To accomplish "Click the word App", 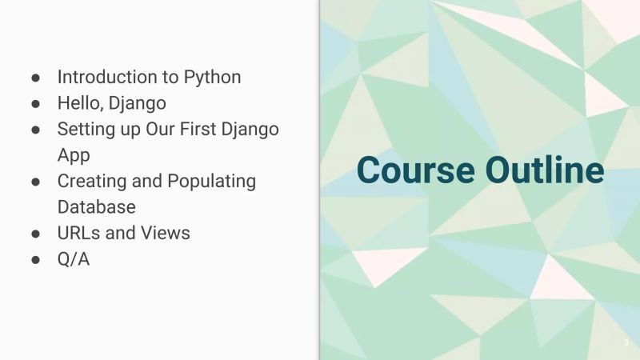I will pyautogui.click(x=74, y=154).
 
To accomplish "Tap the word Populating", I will pyautogui.click(x=211, y=181).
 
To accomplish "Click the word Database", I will pyautogui.click(x=96, y=206).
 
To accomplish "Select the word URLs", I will pyautogui.click(x=80, y=232).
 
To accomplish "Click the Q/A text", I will pyautogui.click(x=73, y=258).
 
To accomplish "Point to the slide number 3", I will pyautogui.click(x=626, y=342).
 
